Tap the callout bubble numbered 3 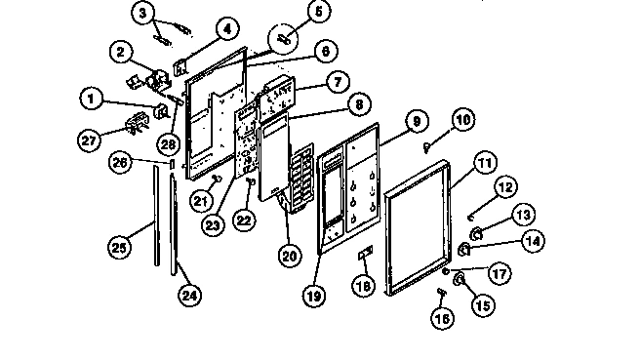point(144,14)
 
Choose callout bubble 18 point(363,286)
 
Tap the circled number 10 point(462,120)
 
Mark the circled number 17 point(499,275)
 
